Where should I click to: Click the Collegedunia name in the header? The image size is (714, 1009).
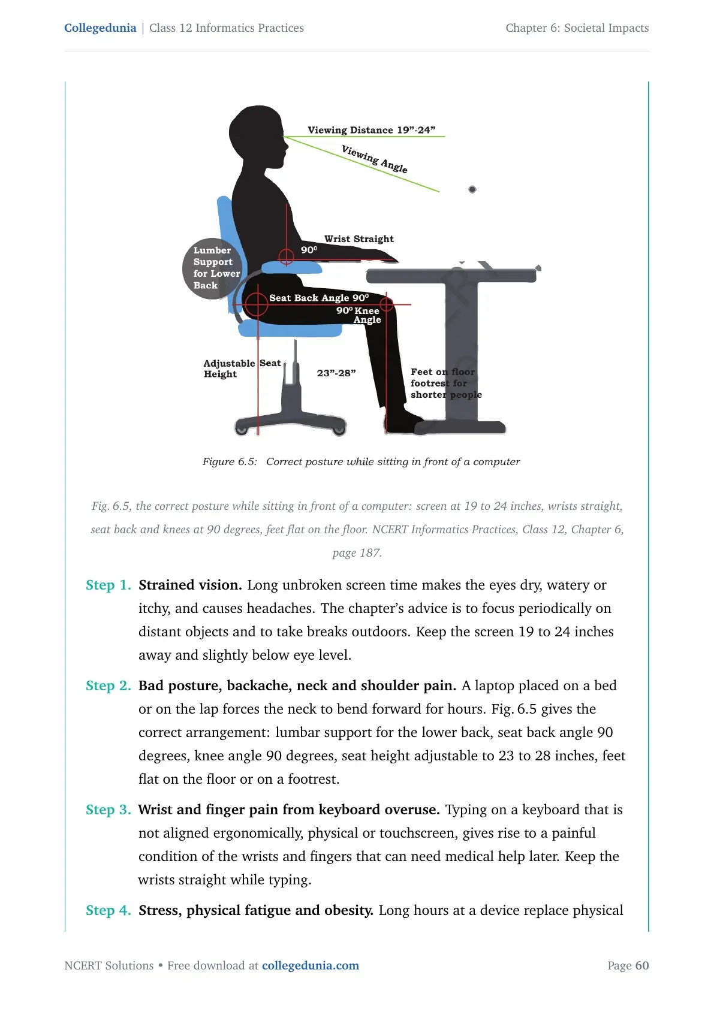click(x=100, y=28)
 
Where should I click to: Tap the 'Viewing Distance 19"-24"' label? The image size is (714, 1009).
click(x=372, y=130)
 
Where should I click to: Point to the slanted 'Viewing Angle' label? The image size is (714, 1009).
click(x=374, y=159)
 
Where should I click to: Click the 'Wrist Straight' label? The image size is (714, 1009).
click(x=359, y=238)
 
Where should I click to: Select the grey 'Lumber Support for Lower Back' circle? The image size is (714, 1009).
click(x=212, y=268)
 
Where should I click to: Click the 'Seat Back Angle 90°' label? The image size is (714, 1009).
click(x=319, y=298)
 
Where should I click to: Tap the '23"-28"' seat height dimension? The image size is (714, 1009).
click(x=336, y=373)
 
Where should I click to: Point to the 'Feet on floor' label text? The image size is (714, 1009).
click(x=442, y=371)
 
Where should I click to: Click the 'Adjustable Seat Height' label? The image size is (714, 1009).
click(x=242, y=368)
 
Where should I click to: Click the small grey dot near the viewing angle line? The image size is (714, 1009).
click(x=472, y=189)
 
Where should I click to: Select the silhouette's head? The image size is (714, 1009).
click(x=258, y=135)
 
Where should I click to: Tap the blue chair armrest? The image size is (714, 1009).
click(x=291, y=268)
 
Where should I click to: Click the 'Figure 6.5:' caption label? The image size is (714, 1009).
click(x=230, y=462)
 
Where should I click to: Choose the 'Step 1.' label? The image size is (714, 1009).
click(x=108, y=585)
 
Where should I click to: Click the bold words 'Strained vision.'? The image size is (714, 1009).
click(x=190, y=585)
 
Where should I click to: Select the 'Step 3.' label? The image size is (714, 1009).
click(x=108, y=809)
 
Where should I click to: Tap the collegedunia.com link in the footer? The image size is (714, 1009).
click(x=311, y=965)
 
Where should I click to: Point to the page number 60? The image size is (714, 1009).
click(x=642, y=965)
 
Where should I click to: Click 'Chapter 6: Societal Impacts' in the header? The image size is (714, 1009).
click(x=577, y=28)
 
